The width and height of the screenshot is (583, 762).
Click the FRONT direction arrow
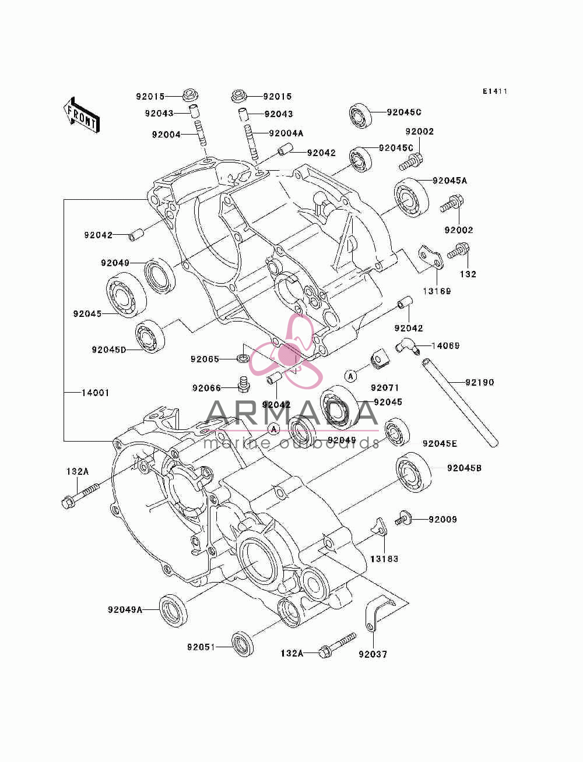point(82,115)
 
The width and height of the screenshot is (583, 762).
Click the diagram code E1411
point(495,91)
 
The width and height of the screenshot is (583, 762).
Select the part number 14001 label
point(95,393)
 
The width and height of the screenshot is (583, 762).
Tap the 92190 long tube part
point(459,403)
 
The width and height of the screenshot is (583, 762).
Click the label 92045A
point(449,181)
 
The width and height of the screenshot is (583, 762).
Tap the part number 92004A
point(286,133)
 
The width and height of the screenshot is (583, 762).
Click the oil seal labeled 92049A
point(173,611)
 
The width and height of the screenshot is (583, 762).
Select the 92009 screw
point(403,520)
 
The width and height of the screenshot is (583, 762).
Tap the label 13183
point(384,559)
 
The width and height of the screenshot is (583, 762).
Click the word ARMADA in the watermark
point(292,413)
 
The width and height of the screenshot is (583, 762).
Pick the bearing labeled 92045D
point(150,336)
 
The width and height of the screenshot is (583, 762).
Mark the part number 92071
point(385,388)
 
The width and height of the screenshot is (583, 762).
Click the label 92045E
point(440,444)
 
